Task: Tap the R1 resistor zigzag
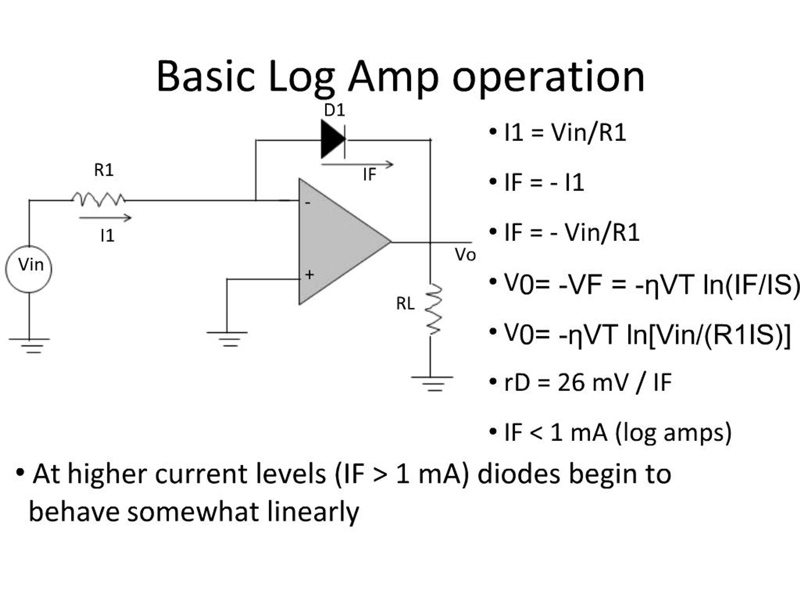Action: pyautogui.click(x=98, y=199)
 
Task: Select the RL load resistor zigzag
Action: pyautogui.click(x=432, y=310)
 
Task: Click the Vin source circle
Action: pyautogui.click(x=29, y=269)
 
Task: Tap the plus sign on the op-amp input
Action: pyautogui.click(x=309, y=275)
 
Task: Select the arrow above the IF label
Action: pyautogui.click(x=357, y=165)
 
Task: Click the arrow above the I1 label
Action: pyautogui.click(x=105, y=218)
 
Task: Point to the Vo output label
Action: pyautogui.click(x=465, y=255)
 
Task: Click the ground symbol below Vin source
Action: pyautogui.click(x=30, y=345)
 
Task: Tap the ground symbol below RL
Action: pyautogui.click(x=432, y=383)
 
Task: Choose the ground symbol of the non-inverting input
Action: pyautogui.click(x=227, y=338)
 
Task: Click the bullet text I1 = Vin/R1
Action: pyautogui.click(x=565, y=133)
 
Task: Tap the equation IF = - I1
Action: pyautogui.click(x=543, y=182)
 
